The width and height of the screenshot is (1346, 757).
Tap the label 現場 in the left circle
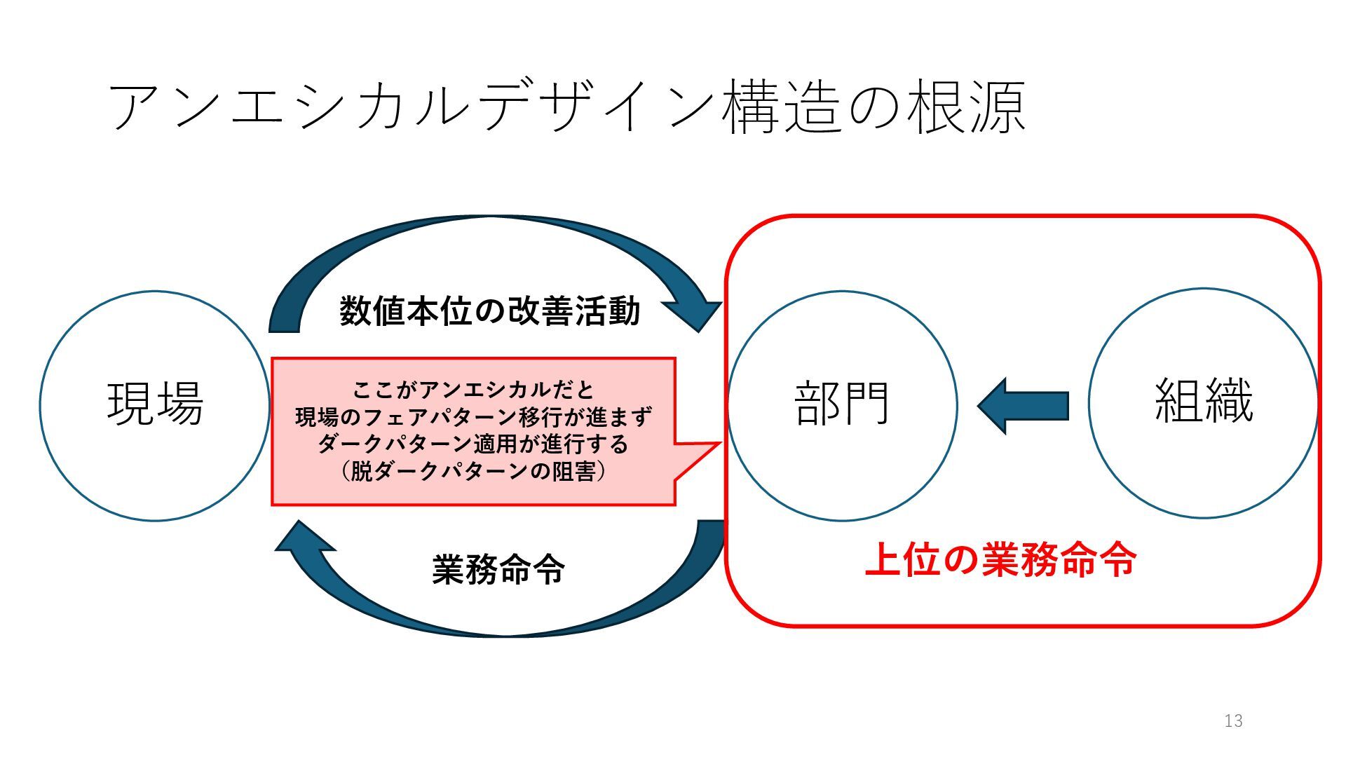click(155, 404)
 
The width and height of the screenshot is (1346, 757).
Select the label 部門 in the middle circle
click(841, 404)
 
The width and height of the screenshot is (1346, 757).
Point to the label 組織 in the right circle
click(1203, 401)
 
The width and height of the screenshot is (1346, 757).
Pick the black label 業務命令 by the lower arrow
click(498, 568)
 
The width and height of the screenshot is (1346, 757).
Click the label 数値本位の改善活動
click(490, 311)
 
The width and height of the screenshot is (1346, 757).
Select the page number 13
click(1233, 721)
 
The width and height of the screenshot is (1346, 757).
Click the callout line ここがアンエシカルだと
click(474, 390)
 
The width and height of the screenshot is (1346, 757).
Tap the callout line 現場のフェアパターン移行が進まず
click(474, 417)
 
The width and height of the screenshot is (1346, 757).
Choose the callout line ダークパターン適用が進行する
click(474, 444)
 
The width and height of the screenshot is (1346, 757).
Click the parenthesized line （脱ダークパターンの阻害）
click(474, 471)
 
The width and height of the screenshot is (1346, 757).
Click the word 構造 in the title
click(782, 108)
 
